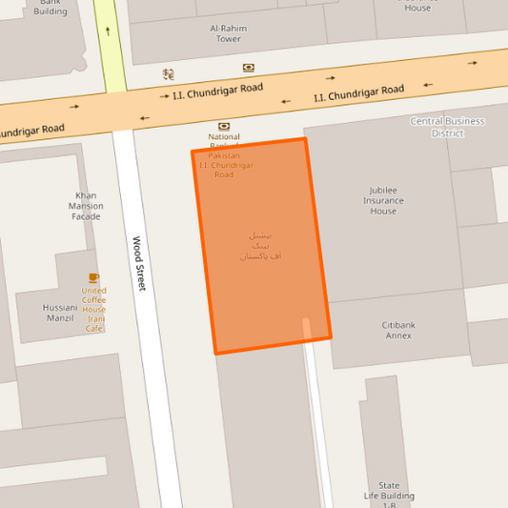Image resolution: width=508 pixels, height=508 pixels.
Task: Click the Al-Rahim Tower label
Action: coord(229,33)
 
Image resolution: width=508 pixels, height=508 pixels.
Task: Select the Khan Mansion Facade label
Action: coord(86,206)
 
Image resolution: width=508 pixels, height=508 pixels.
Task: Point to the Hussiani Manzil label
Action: coord(60,313)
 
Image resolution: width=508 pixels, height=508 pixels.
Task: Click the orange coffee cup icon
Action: coord(93,278)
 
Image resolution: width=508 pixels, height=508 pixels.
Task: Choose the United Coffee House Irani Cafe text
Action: coord(93,310)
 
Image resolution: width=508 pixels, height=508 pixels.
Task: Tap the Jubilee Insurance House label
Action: coord(383,200)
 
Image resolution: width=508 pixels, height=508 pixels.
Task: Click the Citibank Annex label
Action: coord(398,331)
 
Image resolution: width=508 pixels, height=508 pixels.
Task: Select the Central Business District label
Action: coord(447,127)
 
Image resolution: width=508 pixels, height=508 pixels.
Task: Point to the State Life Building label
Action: coord(389,491)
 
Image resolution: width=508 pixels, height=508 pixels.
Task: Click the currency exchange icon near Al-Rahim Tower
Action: coord(168,73)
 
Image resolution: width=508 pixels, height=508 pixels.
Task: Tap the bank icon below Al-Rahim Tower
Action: coord(249,68)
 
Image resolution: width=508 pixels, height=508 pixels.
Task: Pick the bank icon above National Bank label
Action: coord(224,126)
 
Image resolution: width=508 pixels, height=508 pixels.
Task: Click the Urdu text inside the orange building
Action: coord(260,245)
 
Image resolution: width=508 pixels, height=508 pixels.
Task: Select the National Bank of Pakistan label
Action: coord(224,155)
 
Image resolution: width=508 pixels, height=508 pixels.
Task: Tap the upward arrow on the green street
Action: coord(108,30)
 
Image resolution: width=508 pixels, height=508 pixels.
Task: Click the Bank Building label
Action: coord(51,9)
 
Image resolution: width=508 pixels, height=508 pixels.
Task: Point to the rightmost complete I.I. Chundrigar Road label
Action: coord(359,93)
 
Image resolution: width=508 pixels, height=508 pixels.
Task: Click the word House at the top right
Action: coord(417,8)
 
